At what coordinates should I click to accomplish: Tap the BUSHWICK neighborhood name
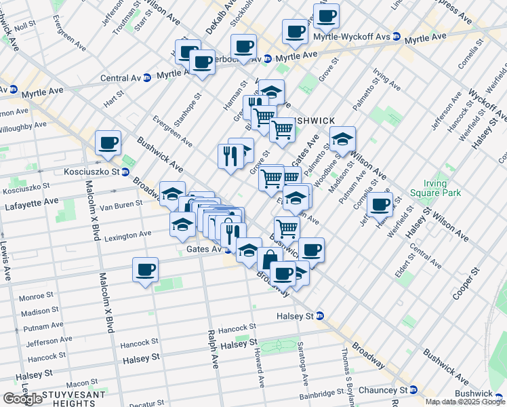(x=311, y=121)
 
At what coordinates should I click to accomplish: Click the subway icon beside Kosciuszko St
(x=125, y=172)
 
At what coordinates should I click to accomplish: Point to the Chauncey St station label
(x=385, y=391)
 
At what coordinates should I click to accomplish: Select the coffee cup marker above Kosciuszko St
(x=108, y=143)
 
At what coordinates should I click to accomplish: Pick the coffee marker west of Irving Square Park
(x=380, y=204)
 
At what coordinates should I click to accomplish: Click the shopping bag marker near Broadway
(x=270, y=259)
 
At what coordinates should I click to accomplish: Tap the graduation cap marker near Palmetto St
(x=343, y=139)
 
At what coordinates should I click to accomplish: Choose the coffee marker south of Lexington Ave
(x=146, y=270)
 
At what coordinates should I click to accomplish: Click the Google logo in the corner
(x=22, y=399)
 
